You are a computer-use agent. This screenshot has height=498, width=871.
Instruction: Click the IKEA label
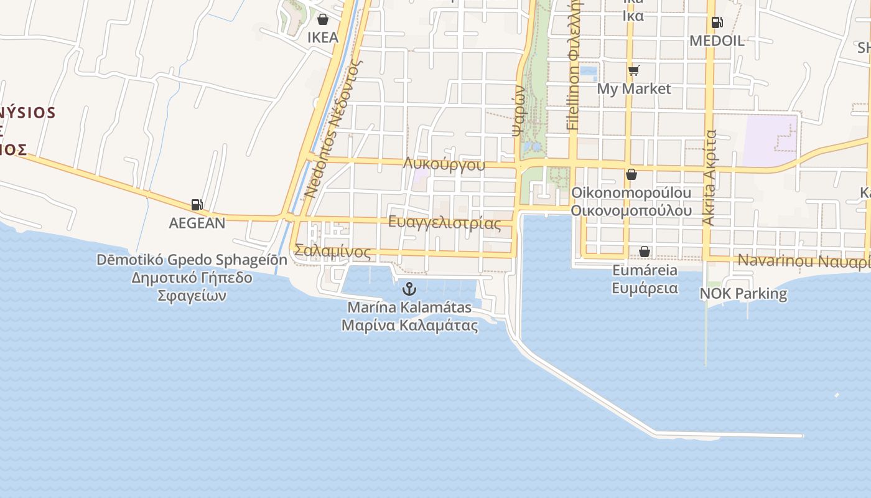323,37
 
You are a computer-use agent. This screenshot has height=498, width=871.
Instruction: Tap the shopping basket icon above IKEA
323,19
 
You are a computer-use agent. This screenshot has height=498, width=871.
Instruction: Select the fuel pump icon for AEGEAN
197,205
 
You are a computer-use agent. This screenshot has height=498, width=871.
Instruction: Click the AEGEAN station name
197,223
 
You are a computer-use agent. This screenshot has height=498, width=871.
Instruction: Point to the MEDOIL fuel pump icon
717,23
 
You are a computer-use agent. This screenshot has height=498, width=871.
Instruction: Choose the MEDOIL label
717,41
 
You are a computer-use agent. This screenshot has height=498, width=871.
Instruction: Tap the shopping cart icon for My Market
633,70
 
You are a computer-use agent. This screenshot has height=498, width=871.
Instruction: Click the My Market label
634,88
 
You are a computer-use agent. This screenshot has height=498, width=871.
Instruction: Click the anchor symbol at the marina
409,289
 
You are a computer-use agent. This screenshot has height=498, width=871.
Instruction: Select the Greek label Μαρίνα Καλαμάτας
409,325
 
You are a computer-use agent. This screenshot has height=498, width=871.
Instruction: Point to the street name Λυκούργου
444,164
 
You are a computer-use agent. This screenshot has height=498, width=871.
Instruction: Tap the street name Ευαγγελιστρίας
444,223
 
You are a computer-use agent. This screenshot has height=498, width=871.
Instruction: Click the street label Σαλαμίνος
332,251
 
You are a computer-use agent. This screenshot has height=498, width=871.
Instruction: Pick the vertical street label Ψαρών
518,111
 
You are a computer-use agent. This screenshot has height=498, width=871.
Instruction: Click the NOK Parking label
743,293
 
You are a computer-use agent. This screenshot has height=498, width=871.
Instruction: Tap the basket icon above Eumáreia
645,251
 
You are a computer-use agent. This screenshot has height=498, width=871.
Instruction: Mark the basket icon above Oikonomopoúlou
631,175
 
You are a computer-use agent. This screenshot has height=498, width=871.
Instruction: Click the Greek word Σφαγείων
192,296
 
